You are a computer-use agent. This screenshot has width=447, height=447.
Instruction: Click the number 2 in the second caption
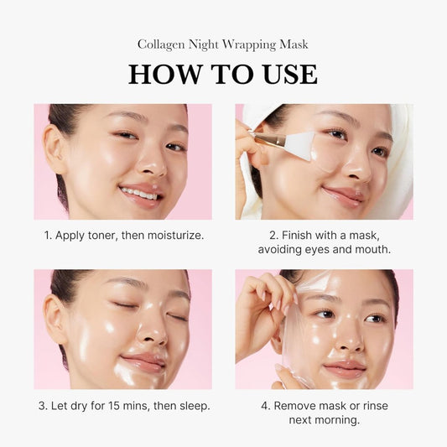tap(273, 235)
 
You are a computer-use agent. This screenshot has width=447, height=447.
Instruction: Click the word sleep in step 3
tap(192, 406)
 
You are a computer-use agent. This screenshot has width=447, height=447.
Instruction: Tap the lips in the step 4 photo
tap(344, 368)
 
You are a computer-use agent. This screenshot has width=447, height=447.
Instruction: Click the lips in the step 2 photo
tap(342, 195)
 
